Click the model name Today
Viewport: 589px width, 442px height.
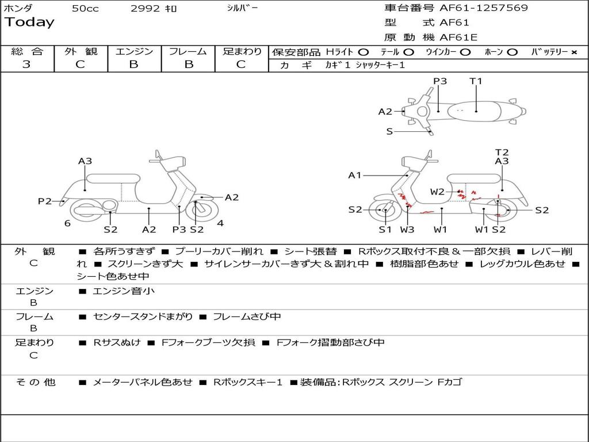pos(29,22)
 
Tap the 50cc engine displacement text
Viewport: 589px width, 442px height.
pos(85,9)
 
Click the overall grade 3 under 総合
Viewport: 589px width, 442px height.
pos(26,64)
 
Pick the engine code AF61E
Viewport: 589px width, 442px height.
pos(458,38)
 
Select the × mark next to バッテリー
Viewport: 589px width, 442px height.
pos(573,52)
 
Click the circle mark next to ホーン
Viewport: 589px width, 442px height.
pos(512,52)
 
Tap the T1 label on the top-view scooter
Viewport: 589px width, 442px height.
pos(476,81)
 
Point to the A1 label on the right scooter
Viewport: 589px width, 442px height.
pos(355,176)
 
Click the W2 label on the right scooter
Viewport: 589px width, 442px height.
pos(437,192)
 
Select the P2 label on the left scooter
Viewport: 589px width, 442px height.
pos(45,201)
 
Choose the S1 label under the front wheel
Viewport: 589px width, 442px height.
pos(385,230)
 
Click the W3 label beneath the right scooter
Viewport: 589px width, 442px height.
pos(407,230)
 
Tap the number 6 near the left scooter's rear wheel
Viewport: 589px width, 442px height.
pos(67,223)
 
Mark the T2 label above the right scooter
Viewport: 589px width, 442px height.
pos(502,153)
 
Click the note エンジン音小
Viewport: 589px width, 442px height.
pos(124,291)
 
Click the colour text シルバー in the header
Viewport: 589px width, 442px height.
pos(242,8)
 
